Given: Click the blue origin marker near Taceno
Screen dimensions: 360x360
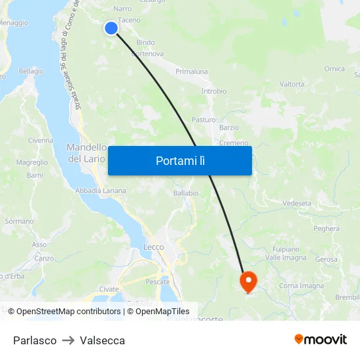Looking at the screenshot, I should (111, 27).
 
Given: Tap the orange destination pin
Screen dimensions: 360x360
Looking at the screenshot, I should (249, 281).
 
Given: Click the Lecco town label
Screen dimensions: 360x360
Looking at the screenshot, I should (154, 247).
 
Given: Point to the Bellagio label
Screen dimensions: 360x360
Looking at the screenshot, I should (31, 71).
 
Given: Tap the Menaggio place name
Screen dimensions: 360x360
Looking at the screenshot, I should (13, 22).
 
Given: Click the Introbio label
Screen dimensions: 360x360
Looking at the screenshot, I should (214, 92).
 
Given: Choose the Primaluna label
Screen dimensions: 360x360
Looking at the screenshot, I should (192, 71).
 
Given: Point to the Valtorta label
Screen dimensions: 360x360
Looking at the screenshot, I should (292, 84).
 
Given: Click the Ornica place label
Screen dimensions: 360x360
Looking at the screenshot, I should (334, 69).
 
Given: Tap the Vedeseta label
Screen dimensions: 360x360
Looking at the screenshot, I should (297, 204).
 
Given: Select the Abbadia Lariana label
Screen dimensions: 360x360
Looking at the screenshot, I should (100, 190).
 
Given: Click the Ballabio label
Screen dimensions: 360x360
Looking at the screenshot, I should (185, 194).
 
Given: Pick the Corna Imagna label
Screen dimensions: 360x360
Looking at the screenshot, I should (301, 286).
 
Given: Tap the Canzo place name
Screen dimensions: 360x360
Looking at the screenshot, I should (44, 258).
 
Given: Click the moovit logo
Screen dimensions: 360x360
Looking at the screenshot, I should (320, 339).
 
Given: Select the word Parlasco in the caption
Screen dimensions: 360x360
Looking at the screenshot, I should (35, 340).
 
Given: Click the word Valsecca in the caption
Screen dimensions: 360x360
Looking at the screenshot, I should (102, 340).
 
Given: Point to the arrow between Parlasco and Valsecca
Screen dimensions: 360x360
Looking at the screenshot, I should (68, 340).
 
